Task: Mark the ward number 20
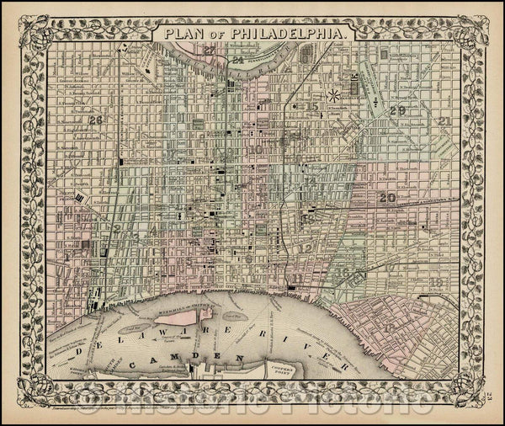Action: point(387,198)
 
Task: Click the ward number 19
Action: point(435,284)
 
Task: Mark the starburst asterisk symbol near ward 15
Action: point(334,88)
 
